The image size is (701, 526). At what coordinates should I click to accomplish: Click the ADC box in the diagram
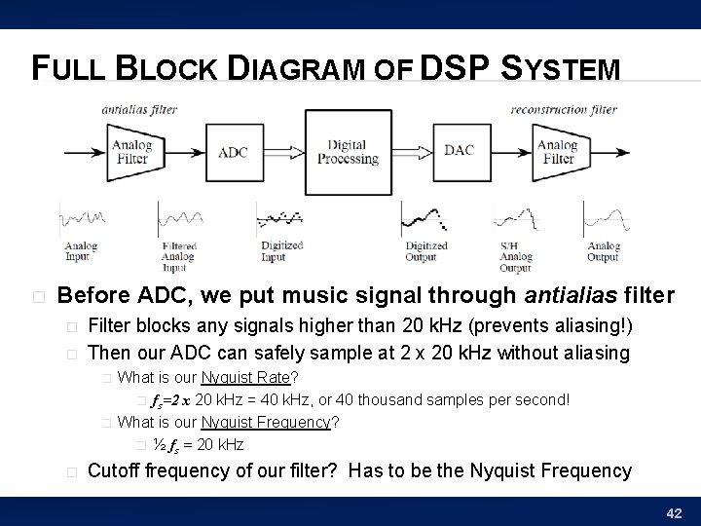pyautogui.click(x=234, y=152)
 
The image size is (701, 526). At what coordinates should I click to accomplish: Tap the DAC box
pyautogui.click(x=460, y=151)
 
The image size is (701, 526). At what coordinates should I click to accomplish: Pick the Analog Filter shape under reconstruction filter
pyautogui.click(x=556, y=152)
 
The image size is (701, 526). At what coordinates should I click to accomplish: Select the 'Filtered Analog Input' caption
pyautogui.click(x=178, y=257)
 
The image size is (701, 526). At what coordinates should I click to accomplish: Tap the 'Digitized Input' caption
pyautogui.click(x=282, y=251)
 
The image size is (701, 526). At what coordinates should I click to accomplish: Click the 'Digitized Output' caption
pyautogui.click(x=426, y=251)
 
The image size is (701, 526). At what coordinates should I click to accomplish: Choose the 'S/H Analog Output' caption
pyautogui.click(x=515, y=257)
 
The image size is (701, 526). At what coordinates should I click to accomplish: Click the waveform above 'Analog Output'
pyautogui.click(x=604, y=218)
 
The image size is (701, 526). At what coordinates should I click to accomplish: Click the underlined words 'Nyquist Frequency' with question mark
pyautogui.click(x=267, y=422)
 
